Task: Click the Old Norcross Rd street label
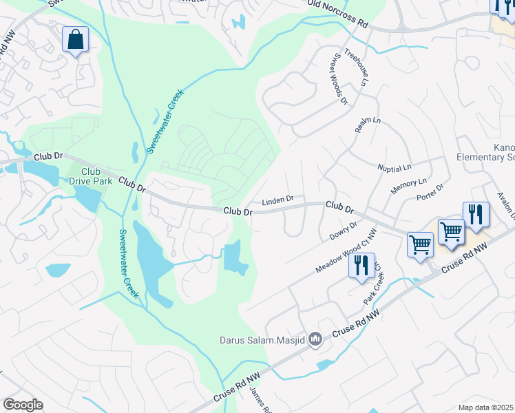tap(338, 13)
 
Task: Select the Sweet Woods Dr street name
tap(340, 78)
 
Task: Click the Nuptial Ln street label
tap(394, 167)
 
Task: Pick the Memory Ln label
tap(408, 187)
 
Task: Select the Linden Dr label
tap(277, 200)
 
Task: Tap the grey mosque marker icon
tap(316, 338)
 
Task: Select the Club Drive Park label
tap(90, 176)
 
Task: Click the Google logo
tap(23, 405)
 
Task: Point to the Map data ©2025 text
tap(486, 407)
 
